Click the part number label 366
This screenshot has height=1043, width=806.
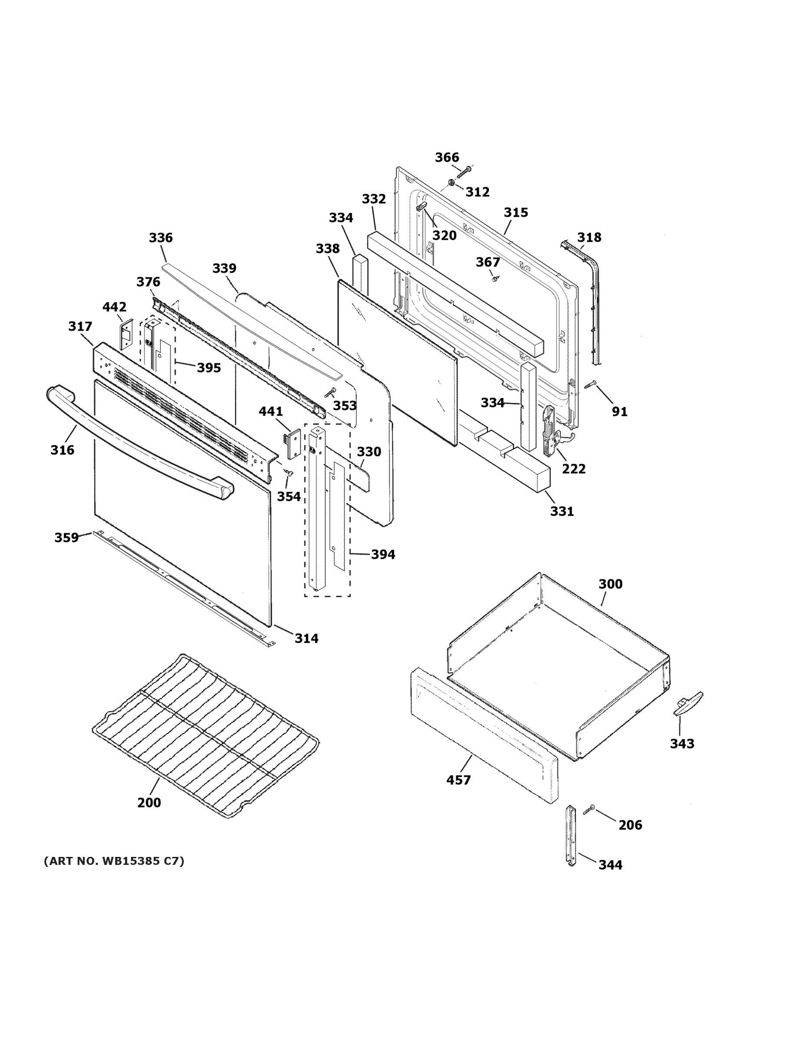pyautogui.click(x=447, y=158)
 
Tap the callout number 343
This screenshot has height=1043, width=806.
pyautogui.click(x=682, y=744)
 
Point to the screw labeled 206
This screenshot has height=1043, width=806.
pyautogui.click(x=589, y=809)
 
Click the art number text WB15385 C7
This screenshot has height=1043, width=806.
pyautogui.click(x=114, y=861)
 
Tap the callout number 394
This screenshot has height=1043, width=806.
pyautogui.click(x=383, y=555)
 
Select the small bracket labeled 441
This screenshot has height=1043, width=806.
pyautogui.click(x=294, y=443)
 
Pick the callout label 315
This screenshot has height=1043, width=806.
pyautogui.click(x=516, y=213)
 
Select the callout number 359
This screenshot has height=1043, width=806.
pyautogui.click(x=66, y=538)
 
